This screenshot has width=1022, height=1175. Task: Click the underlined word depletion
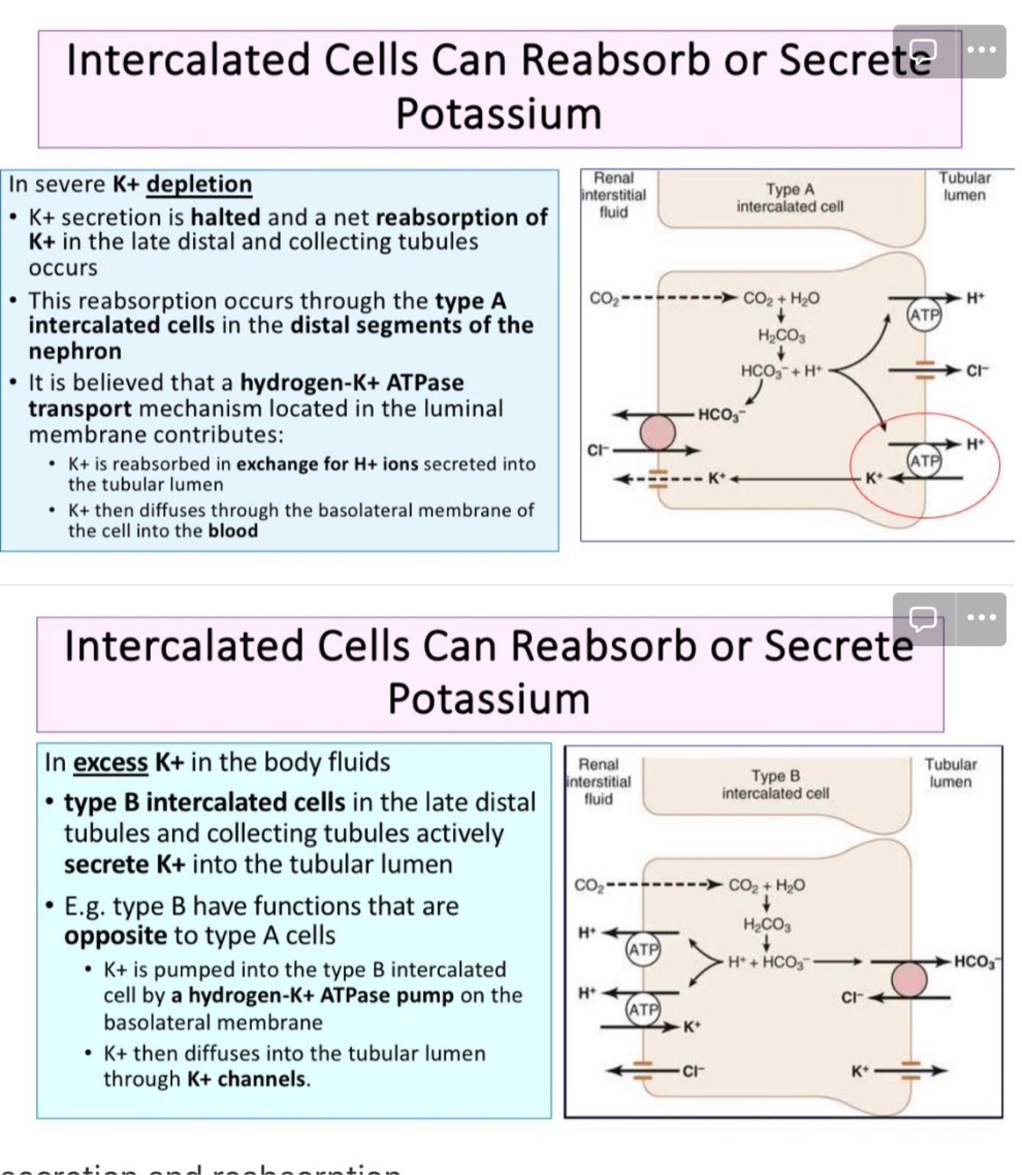tap(198, 185)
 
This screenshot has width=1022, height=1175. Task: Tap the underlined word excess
tap(110, 763)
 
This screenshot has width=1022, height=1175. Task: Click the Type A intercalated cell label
tap(790, 198)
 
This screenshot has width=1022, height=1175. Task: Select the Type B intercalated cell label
tap(775, 784)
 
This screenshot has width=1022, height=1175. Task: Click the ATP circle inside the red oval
tap(923, 460)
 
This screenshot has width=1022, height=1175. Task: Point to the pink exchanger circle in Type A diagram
tap(657, 432)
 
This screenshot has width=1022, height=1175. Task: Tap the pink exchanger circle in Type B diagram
tap(909, 980)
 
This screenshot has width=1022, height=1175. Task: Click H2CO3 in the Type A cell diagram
tap(781, 335)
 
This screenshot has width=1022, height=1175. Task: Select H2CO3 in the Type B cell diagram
tap(766, 925)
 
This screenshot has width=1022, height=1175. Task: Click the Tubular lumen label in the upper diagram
tap(964, 186)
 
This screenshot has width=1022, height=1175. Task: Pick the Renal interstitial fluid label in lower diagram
tap(598, 781)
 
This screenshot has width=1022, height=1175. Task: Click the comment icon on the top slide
tap(923, 51)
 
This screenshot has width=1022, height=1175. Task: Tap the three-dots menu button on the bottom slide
tap(981, 618)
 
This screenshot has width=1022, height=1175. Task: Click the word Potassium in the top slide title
tap(499, 114)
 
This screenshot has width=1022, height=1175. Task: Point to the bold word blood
tap(232, 531)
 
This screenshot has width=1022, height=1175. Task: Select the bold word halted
tap(225, 218)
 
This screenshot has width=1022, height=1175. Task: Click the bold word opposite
tap(116, 936)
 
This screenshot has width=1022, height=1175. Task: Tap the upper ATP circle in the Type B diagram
tap(642, 950)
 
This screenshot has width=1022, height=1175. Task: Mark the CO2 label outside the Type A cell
tap(604, 298)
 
